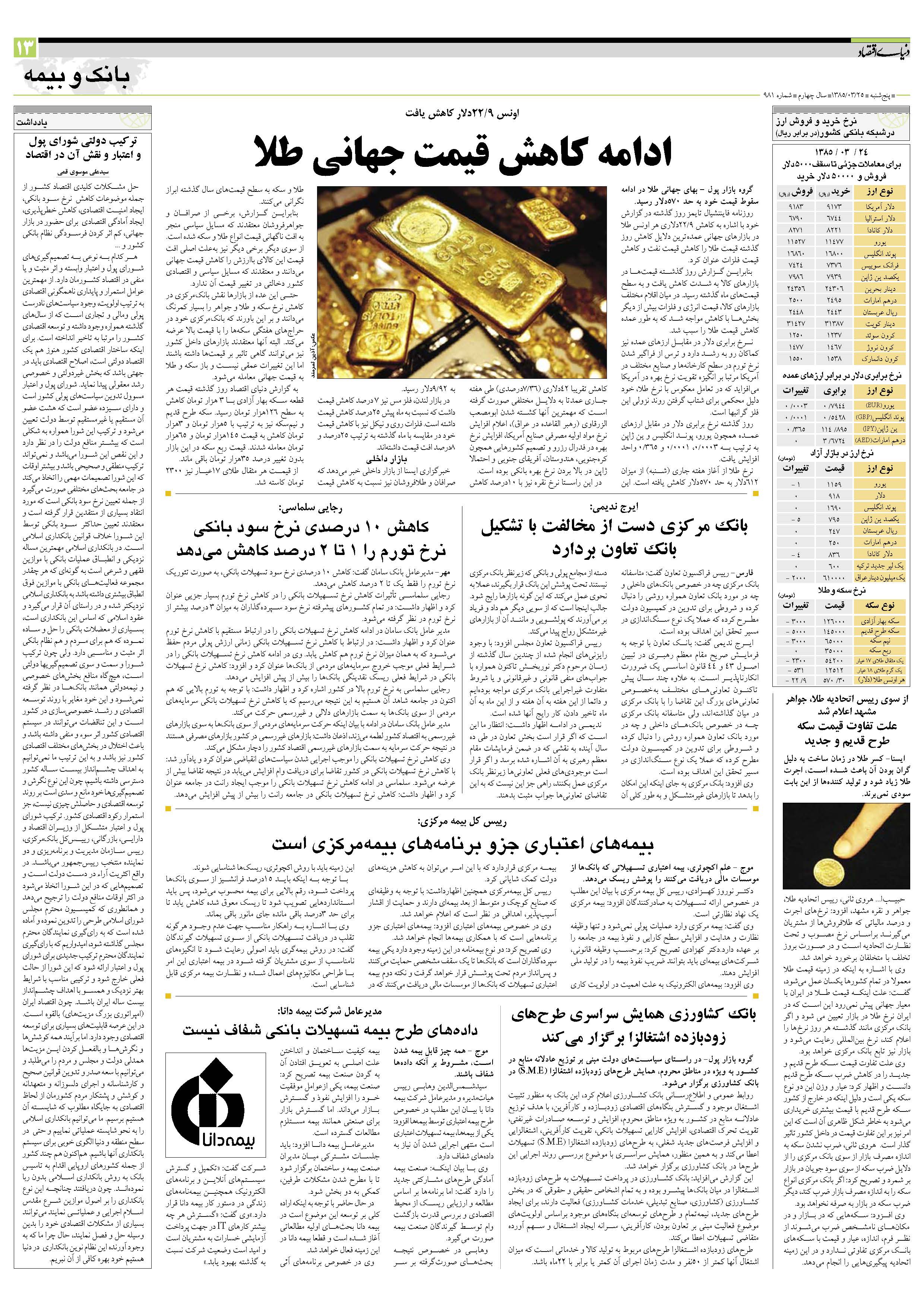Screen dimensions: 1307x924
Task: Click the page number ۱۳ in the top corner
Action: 26,49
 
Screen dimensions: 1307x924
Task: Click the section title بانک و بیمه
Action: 77,74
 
